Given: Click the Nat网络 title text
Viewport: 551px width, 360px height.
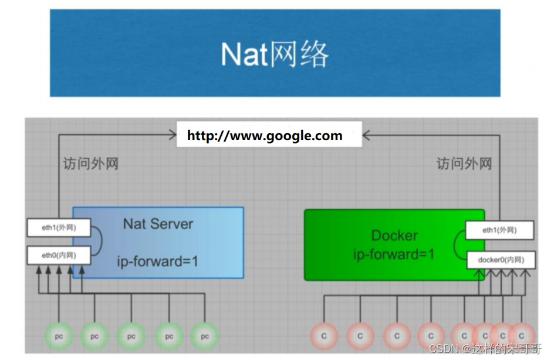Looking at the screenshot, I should (275, 55).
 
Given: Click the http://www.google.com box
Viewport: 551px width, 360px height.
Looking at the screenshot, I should (265, 136).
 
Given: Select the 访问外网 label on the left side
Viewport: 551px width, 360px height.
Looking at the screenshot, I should (91, 164).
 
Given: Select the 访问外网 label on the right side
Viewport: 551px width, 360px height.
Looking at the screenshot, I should (464, 164).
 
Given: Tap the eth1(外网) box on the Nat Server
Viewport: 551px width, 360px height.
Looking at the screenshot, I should (59, 227).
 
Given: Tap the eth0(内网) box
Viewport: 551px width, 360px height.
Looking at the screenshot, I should (59, 255).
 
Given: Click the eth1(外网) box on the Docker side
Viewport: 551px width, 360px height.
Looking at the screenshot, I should (500, 230).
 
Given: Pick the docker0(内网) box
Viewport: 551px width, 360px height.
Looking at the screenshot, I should (500, 260).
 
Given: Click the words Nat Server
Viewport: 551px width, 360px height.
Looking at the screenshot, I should (158, 224).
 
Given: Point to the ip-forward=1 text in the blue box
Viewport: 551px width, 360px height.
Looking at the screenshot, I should (158, 260).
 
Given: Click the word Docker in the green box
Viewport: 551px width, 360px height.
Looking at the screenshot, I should (394, 236).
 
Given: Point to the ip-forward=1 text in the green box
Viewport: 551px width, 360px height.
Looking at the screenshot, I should (394, 255).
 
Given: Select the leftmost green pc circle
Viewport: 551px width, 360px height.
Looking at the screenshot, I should (59, 337).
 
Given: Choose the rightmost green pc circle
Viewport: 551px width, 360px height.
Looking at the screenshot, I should (204, 337).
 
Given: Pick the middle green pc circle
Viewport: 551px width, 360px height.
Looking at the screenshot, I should (131, 337).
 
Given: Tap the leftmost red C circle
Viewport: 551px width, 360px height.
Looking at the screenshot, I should (323, 336).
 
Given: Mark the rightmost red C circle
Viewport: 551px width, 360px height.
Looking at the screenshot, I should (521, 336).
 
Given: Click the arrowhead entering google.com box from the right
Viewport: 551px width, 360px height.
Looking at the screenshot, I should (367, 135).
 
